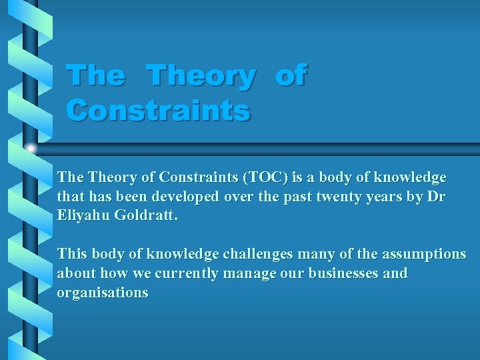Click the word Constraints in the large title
pyautogui.click(x=159, y=110)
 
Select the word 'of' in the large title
pyautogui.click(x=291, y=75)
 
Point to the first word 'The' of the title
pyautogui.click(x=95, y=75)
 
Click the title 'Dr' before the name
pyautogui.click(x=437, y=197)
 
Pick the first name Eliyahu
pyautogui.click(x=83, y=217)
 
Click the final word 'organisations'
pyautogui.click(x=103, y=293)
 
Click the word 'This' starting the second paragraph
pyautogui.click(x=72, y=254)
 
